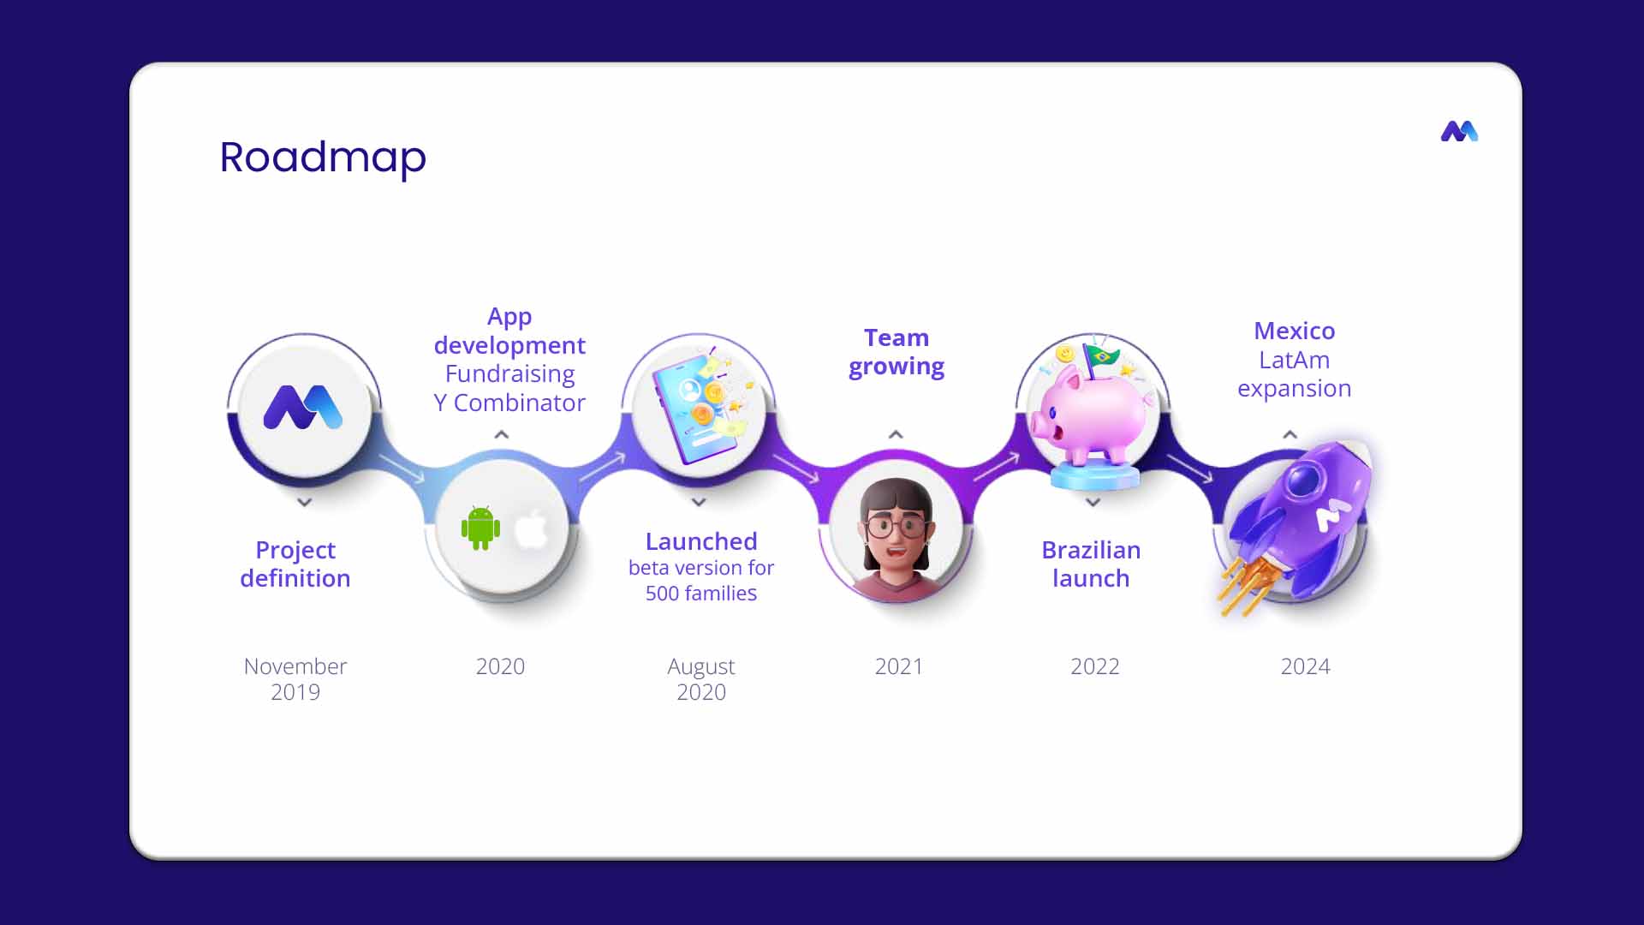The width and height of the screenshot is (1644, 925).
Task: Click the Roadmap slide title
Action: click(323, 158)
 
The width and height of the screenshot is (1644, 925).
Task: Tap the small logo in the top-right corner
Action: click(1459, 131)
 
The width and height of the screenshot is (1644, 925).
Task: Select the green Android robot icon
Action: click(480, 528)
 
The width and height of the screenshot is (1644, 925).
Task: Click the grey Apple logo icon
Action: click(531, 528)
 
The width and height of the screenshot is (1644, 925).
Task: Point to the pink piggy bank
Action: click(1090, 411)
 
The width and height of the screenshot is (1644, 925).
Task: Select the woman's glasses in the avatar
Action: click(896, 524)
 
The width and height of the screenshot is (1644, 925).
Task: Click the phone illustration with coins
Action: click(699, 408)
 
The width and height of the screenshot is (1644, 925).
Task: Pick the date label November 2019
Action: click(295, 679)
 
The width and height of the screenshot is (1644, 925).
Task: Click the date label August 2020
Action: click(701, 679)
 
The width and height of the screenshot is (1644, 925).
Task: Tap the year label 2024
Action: click(1305, 666)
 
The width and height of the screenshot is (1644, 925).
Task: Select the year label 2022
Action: click(1094, 666)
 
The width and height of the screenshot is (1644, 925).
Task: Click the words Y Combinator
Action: click(509, 403)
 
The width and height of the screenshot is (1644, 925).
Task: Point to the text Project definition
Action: click(295, 564)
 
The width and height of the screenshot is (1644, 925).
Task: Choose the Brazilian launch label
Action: click(1091, 564)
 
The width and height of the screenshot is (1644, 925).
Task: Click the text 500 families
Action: click(701, 593)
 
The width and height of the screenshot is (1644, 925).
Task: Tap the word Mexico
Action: click(1294, 331)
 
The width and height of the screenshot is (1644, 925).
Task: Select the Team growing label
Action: click(896, 352)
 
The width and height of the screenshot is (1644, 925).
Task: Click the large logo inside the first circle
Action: click(303, 407)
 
